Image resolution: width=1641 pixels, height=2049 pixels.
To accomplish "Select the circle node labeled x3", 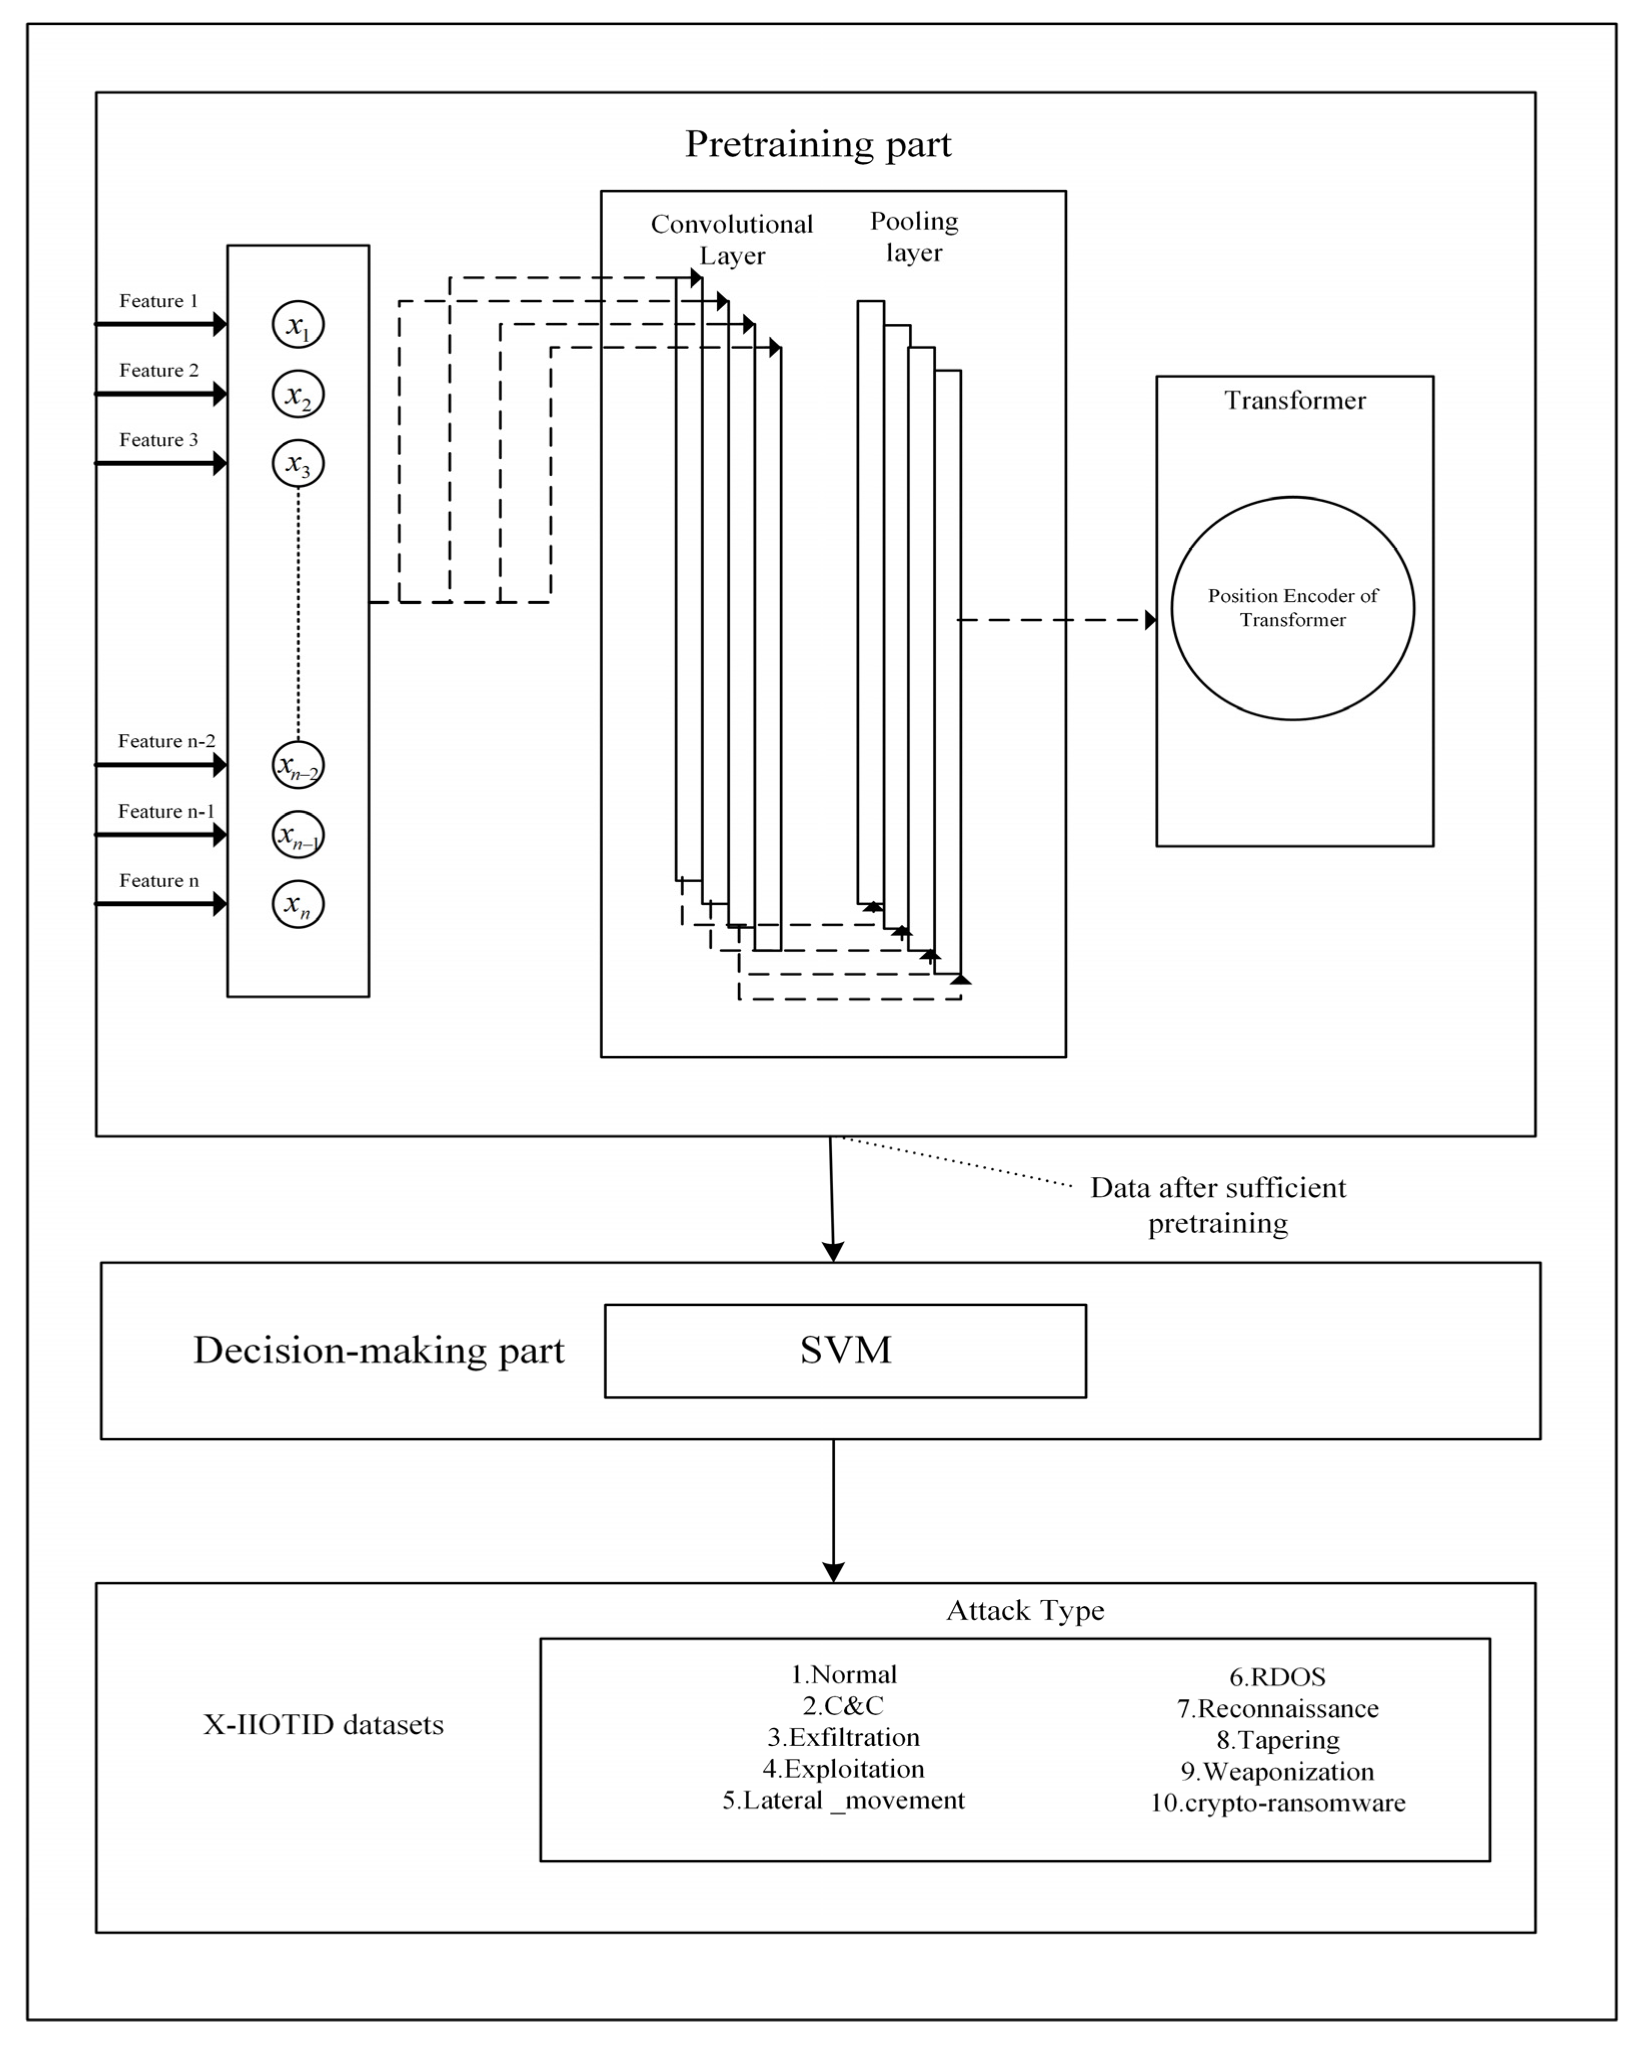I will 298,464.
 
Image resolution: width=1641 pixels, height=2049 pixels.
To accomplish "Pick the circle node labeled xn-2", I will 298,765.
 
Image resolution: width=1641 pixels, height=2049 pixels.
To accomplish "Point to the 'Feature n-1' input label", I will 166,811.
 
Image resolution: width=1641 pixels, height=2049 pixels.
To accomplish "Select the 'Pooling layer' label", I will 914,237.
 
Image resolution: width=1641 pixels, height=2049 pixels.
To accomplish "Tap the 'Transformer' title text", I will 1294,400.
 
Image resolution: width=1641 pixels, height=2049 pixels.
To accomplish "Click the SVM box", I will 845,1350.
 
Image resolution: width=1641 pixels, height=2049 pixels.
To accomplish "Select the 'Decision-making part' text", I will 378,1350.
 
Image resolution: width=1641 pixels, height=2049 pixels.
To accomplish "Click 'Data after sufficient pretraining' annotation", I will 1218,1205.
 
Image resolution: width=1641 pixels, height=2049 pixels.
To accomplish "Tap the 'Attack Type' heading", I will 1025,1610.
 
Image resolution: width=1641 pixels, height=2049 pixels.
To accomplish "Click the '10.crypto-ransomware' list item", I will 1278,1803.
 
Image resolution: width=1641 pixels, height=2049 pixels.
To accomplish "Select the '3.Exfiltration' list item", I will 843,1737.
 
